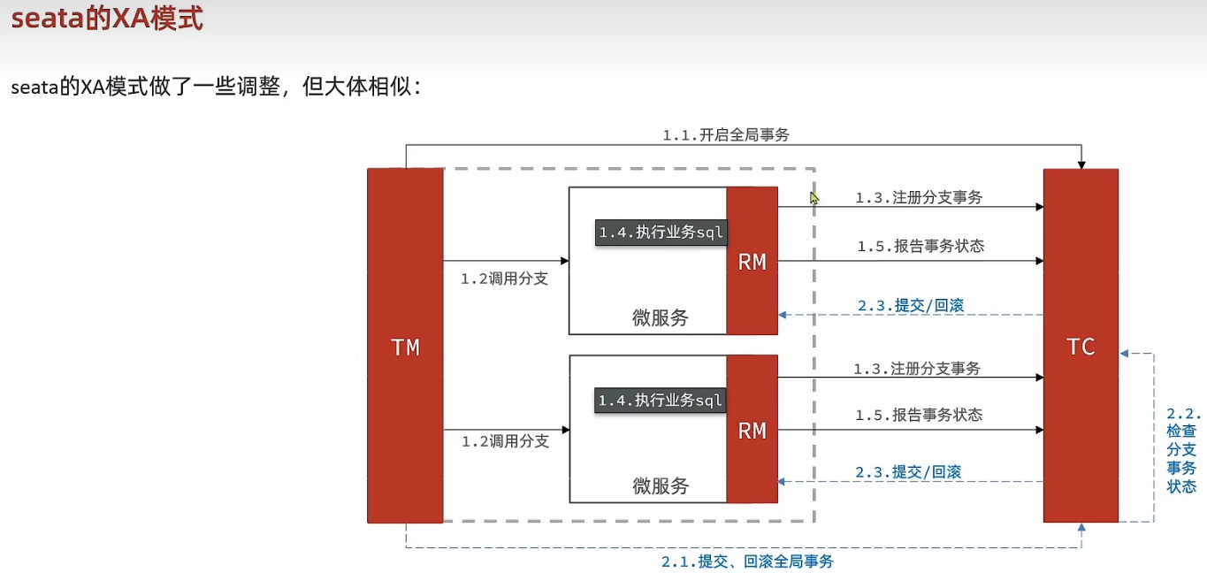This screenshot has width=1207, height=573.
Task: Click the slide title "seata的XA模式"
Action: [107, 19]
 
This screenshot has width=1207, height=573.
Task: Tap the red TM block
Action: [405, 346]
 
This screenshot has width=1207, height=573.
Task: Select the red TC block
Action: [1081, 346]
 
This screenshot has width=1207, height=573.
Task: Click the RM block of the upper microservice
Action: [752, 261]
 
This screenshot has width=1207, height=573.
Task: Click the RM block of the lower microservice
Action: [752, 430]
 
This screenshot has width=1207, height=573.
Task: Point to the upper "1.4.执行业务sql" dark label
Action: [661, 233]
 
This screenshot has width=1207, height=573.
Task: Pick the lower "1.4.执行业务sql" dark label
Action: [661, 401]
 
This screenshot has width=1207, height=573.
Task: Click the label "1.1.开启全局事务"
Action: [725, 135]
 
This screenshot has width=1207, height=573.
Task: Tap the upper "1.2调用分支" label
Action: [504, 279]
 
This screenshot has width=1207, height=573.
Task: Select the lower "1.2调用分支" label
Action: [505, 440]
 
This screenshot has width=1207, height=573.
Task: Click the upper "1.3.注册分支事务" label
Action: [918, 198]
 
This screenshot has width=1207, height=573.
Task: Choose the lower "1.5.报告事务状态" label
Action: [918, 415]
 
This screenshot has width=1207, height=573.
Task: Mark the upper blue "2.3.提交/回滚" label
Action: [910, 306]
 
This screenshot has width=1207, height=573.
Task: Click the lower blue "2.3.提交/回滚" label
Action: [908, 472]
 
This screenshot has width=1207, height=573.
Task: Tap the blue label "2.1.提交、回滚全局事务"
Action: [747, 562]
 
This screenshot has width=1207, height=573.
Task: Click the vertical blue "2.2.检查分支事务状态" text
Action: [1182, 450]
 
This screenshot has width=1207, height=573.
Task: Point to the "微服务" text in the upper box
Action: [660, 317]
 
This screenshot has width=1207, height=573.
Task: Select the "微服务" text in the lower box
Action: [660, 485]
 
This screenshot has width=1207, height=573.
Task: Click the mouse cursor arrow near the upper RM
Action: [814, 198]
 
